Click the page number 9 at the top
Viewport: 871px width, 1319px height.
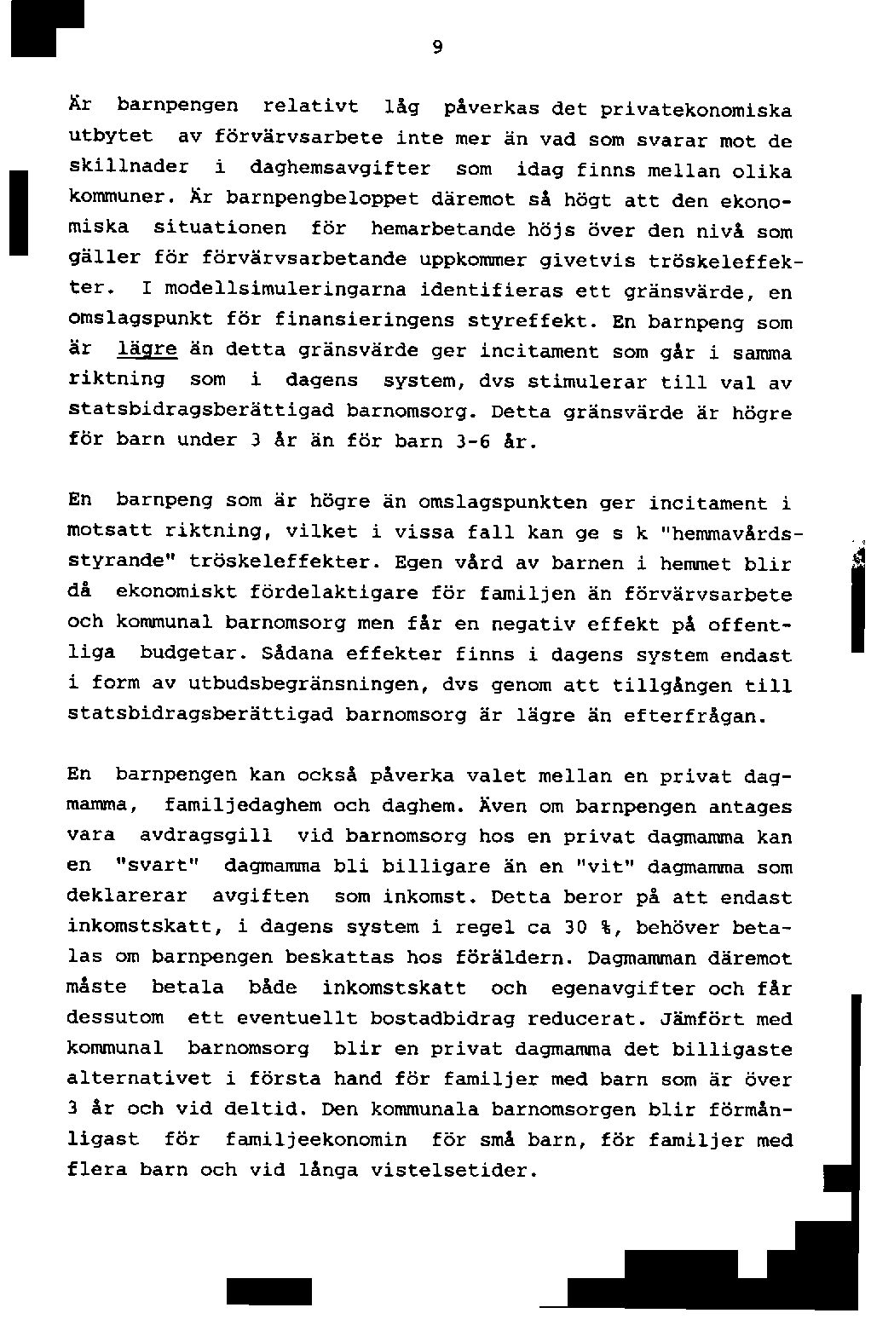coord(436,48)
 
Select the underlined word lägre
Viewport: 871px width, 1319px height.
coord(147,350)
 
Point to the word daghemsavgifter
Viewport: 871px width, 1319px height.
coord(340,168)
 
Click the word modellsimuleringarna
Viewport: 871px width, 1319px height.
coord(286,291)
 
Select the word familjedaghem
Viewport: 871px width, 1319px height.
coord(243,805)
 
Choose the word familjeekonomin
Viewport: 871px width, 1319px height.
coord(316,1140)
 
